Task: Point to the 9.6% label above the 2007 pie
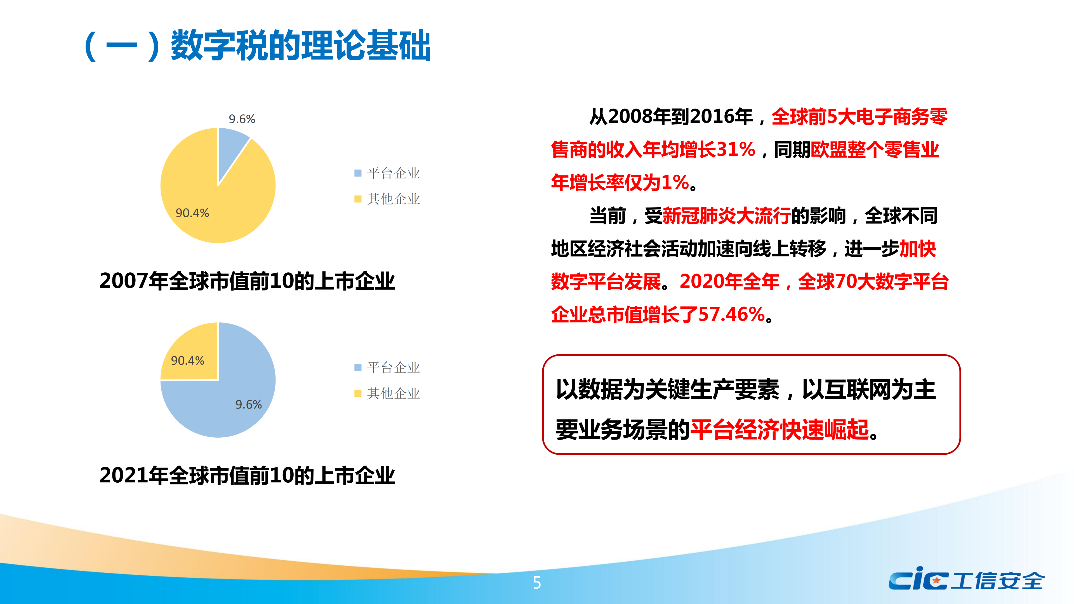(x=242, y=119)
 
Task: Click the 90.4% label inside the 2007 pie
(x=192, y=213)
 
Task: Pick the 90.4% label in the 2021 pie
(x=188, y=360)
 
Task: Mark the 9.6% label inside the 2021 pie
(x=248, y=404)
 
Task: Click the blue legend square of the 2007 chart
(x=358, y=173)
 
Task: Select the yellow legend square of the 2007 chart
(x=358, y=199)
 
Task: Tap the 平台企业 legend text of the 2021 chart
(x=394, y=368)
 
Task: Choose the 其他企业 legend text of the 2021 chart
(x=394, y=393)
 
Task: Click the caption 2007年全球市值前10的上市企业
(x=247, y=281)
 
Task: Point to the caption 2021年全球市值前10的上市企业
(x=247, y=476)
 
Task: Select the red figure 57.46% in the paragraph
(x=732, y=314)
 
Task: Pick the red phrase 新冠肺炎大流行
(x=727, y=216)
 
